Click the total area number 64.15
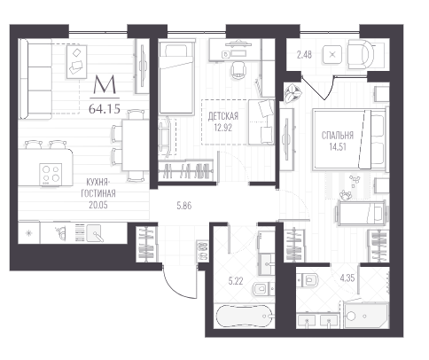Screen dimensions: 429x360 [x=105, y=109]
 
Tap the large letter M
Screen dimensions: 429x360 [x=105, y=84]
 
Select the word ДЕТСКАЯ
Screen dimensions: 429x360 [x=223, y=116]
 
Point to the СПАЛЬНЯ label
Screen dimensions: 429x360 [x=338, y=136]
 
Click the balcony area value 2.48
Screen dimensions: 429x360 [x=304, y=55]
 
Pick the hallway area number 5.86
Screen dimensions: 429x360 [x=184, y=206]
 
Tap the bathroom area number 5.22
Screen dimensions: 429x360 [x=236, y=281]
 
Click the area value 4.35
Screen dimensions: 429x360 [x=347, y=278]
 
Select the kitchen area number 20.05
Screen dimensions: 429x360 [x=98, y=205]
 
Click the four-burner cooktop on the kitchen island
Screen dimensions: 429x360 [x=51, y=175]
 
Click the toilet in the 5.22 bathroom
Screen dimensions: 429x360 [x=263, y=289]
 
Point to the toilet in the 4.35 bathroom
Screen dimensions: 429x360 [x=308, y=280]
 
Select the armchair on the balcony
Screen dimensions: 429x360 [x=361, y=55]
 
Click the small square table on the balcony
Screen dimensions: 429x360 [x=332, y=55]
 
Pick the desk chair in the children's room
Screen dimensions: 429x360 [x=238, y=70]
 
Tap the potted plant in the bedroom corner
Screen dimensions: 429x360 [x=292, y=92]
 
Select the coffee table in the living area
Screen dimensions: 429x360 [x=76, y=61]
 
